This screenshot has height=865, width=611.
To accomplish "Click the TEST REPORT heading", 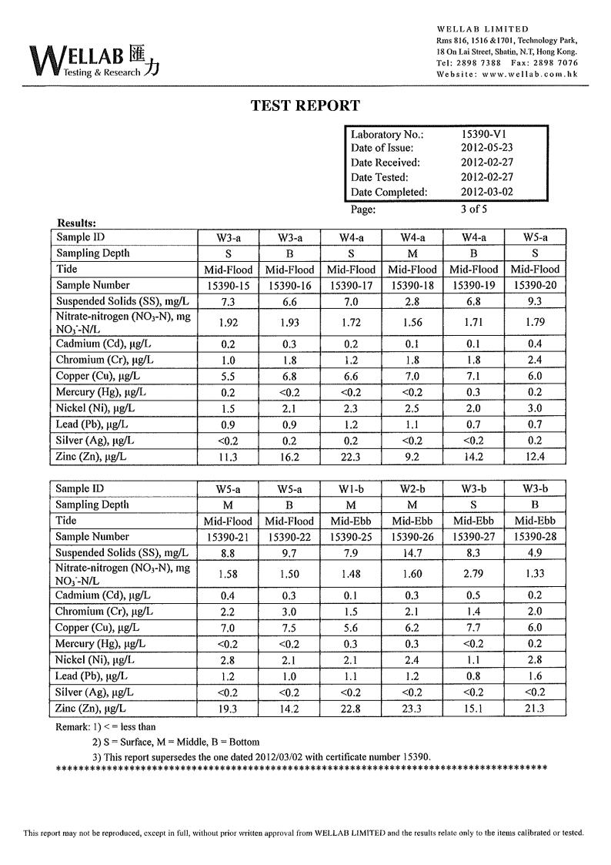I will [x=305, y=106].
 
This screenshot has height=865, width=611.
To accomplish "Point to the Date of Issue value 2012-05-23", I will [x=486, y=148].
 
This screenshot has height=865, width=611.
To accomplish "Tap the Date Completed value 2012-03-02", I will [x=486, y=192].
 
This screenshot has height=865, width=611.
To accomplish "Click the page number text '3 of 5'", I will [x=474, y=209].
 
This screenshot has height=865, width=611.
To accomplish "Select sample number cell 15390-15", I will [x=227, y=286].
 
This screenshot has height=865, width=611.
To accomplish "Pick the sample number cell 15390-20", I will [x=535, y=286].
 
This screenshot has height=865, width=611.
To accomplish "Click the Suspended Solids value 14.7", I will [x=412, y=552].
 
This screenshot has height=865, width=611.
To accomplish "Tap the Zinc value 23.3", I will [x=412, y=709].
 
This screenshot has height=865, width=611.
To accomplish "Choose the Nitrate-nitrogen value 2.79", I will [x=473, y=573].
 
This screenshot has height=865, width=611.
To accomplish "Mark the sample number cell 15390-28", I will [x=535, y=537].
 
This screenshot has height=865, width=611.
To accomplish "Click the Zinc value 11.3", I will [x=227, y=458].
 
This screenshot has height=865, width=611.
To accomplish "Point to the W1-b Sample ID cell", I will [x=351, y=489].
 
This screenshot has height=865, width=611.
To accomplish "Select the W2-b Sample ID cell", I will [x=412, y=489].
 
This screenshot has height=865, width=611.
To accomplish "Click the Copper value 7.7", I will [x=473, y=628].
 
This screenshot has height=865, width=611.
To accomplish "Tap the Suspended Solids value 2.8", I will [x=412, y=301].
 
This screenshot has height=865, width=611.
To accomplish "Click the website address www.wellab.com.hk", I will [x=527, y=74].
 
